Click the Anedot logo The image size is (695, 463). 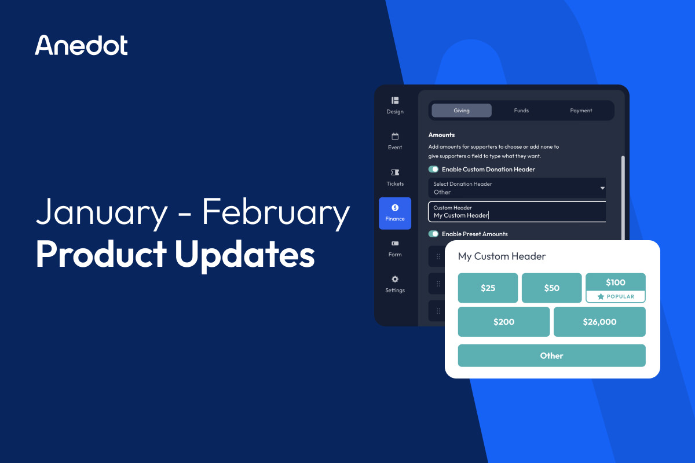tap(81, 45)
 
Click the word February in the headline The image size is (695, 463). tap(276, 213)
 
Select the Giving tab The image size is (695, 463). tap(462, 111)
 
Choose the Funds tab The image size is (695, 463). tap(521, 111)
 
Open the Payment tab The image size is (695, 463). tap(581, 111)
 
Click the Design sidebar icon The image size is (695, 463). tap(395, 101)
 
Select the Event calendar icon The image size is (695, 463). tap(395, 137)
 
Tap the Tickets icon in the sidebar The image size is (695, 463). tap(395, 172)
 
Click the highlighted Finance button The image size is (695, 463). tap(395, 212)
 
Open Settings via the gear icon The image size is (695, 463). tap(395, 279)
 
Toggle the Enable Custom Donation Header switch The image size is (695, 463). tap(433, 170)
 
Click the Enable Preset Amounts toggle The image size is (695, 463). tap(433, 234)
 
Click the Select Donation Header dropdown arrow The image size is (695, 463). tap(602, 188)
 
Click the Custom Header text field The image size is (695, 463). tap(517, 212)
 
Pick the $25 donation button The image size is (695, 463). tap(488, 288)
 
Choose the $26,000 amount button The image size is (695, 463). tap(599, 322)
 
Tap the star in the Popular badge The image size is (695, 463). tap(601, 296)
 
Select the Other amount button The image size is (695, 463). tap(551, 355)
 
